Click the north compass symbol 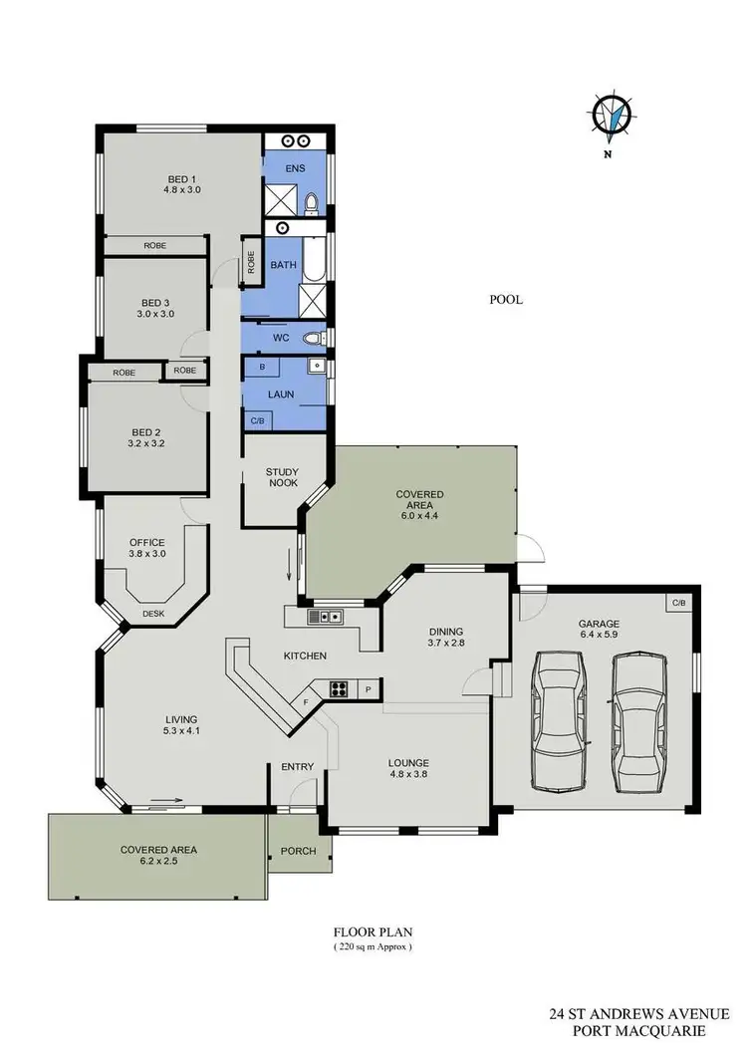click(x=613, y=117)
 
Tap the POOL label click(x=506, y=299)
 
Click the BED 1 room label click(x=182, y=183)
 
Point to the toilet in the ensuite click(x=311, y=204)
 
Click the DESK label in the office click(x=154, y=614)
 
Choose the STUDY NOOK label click(x=282, y=477)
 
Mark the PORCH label click(x=299, y=851)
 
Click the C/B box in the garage click(x=678, y=603)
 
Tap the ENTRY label click(x=298, y=766)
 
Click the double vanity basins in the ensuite click(x=294, y=140)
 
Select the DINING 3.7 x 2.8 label click(x=447, y=637)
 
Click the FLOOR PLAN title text click(x=373, y=933)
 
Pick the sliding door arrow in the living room click(x=166, y=800)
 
